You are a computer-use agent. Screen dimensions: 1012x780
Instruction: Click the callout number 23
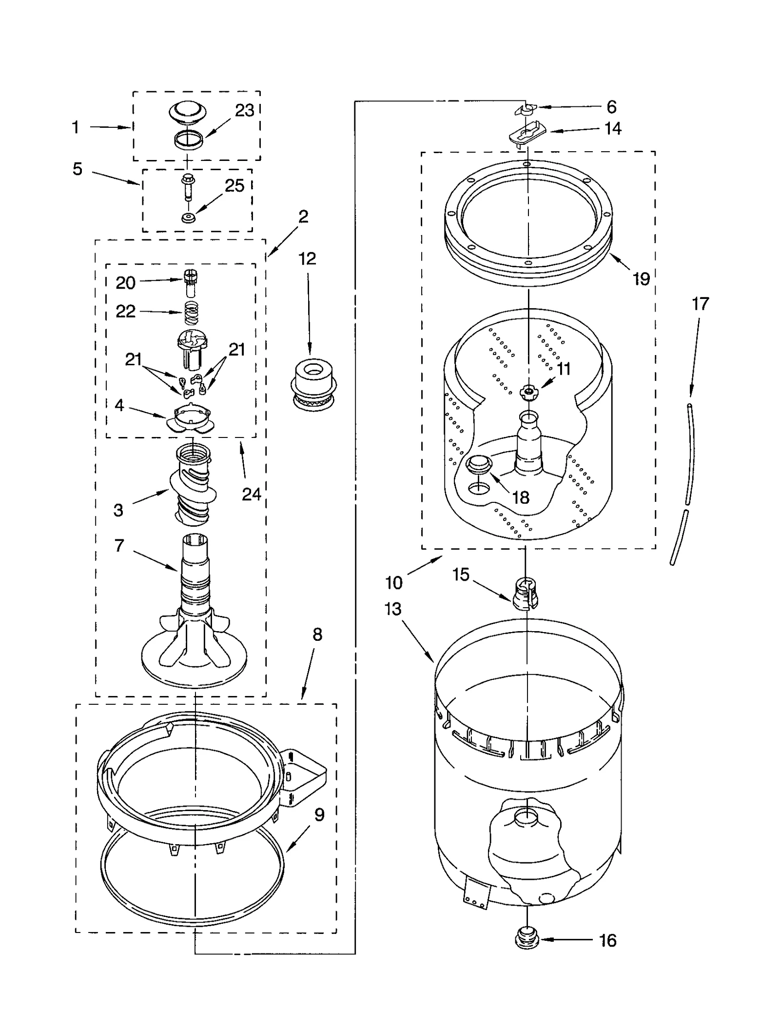click(x=244, y=111)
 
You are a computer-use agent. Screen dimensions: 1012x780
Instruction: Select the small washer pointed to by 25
click(x=188, y=218)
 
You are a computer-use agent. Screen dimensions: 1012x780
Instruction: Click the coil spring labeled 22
click(x=191, y=313)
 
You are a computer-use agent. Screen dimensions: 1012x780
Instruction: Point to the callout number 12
click(x=307, y=258)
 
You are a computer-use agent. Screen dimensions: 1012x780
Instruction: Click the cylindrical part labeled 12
click(x=314, y=384)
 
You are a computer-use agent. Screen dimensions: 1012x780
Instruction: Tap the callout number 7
click(x=119, y=545)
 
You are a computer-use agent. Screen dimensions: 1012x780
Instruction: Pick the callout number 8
click(x=317, y=635)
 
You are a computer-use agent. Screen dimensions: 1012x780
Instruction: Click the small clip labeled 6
click(x=524, y=109)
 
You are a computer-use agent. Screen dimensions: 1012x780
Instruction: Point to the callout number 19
click(x=642, y=279)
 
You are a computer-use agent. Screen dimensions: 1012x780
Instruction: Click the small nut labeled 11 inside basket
click(x=528, y=391)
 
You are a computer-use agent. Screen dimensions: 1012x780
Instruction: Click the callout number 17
click(x=700, y=304)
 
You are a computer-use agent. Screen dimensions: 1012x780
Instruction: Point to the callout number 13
click(x=393, y=609)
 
